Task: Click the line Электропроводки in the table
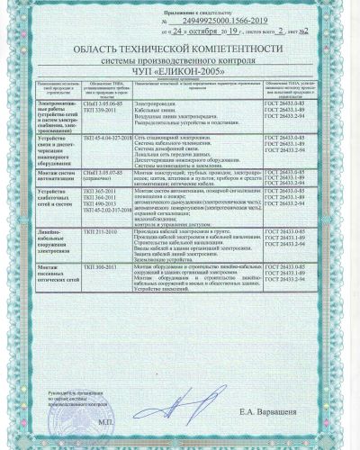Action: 163,103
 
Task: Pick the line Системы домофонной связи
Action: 170,148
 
